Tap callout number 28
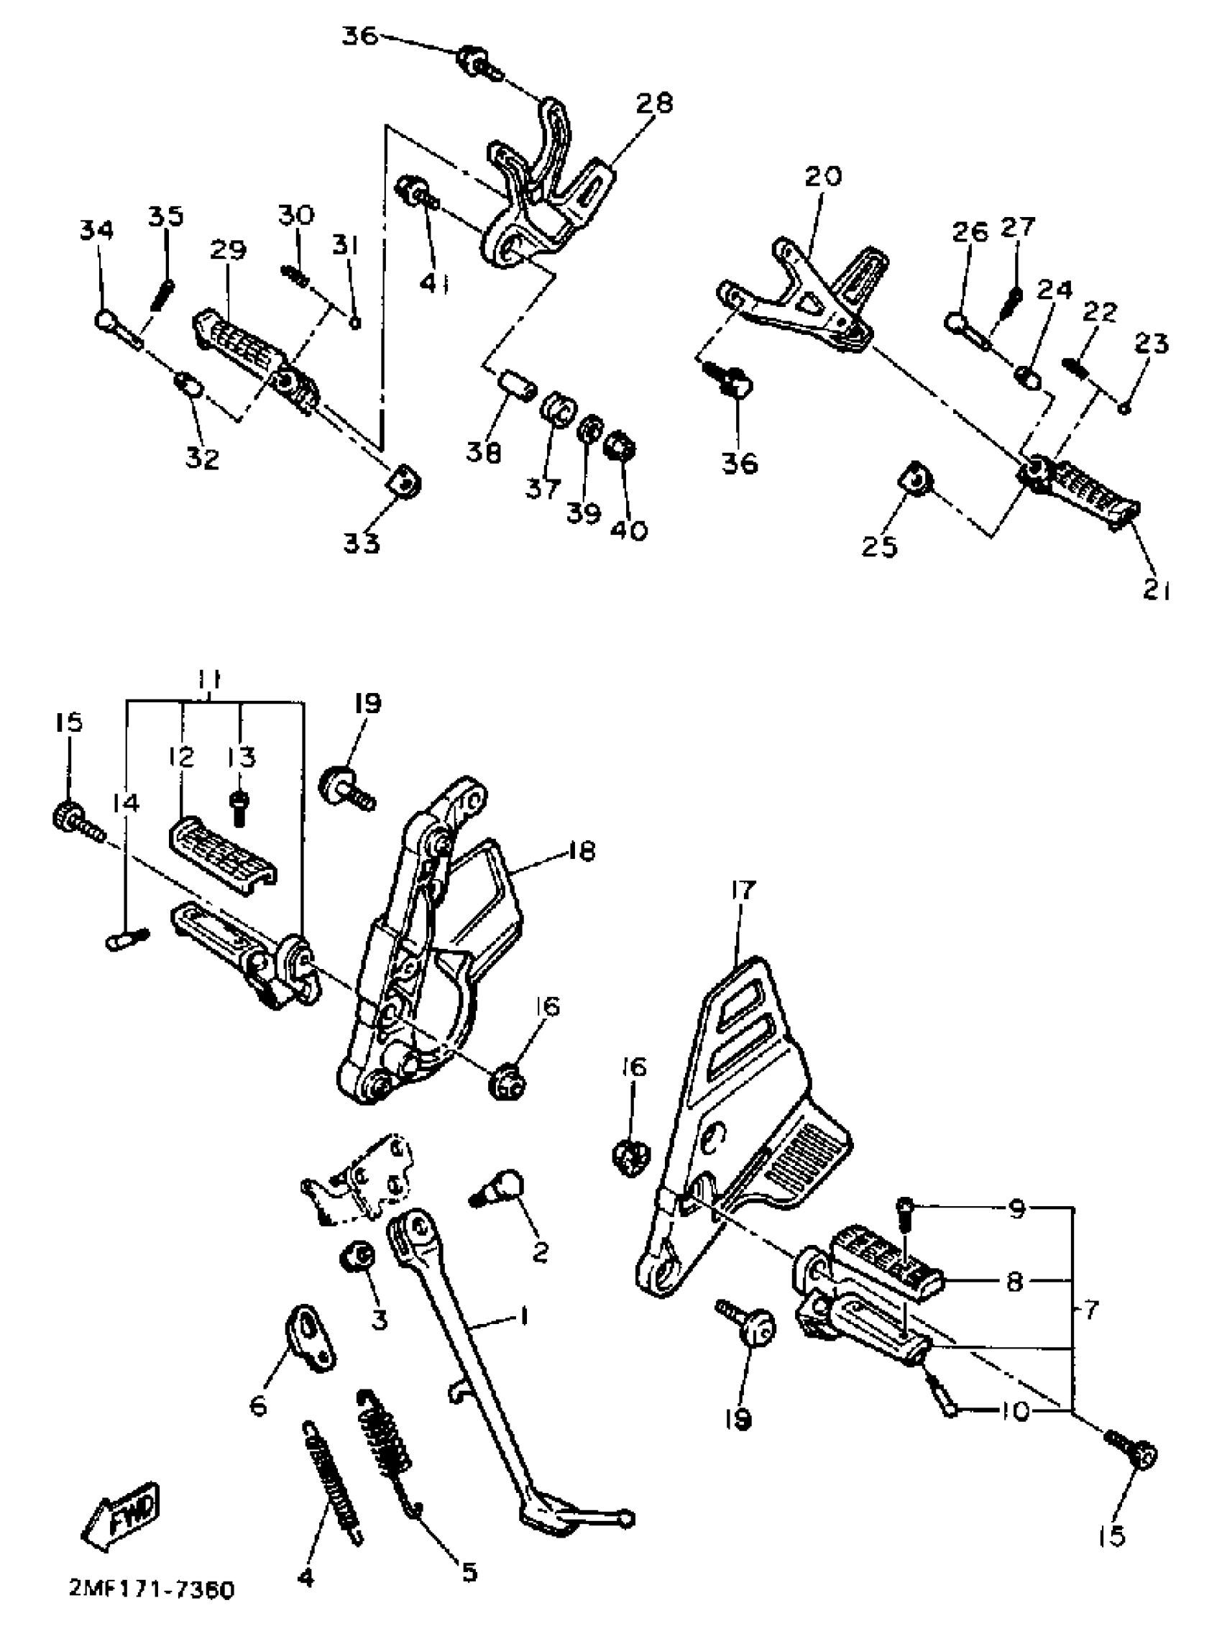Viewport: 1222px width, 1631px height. (x=654, y=104)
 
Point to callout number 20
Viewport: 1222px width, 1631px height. (x=822, y=177)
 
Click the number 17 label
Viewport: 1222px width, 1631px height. (x=743, y=891)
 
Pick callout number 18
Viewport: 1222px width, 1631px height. (x=582, y=852)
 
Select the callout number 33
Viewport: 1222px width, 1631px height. (x=362, y=543)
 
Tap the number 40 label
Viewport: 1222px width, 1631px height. (x=628, y=530)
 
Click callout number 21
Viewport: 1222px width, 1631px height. (x=1156, y=591)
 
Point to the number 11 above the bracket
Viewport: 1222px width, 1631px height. (x=211, y=679)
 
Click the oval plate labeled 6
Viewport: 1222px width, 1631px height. (x=309, y=1338)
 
